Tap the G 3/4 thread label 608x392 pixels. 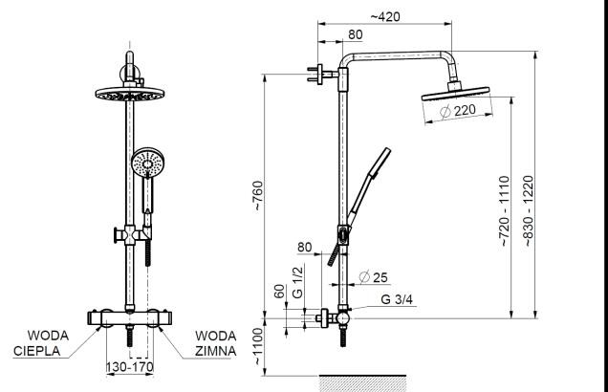398,300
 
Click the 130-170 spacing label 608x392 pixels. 129,366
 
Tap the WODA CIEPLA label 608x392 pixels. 42,343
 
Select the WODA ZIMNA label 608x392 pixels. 215,343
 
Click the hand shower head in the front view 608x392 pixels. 148,163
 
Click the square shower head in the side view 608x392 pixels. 454,95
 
